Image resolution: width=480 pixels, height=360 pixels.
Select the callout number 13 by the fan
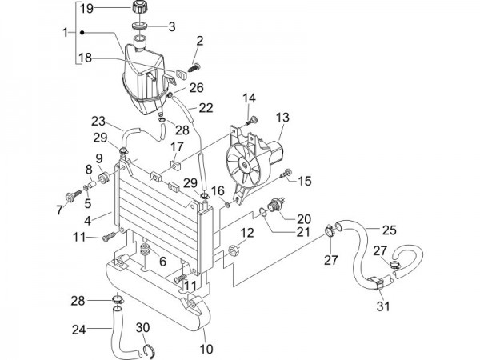(282, 117)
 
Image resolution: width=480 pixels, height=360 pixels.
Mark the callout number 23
(98, 122)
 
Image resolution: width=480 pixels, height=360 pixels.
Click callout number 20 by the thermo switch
(303, 218)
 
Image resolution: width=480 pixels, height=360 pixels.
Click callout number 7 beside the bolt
(58, 210)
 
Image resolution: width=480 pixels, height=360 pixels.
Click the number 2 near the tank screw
(199, 41)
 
